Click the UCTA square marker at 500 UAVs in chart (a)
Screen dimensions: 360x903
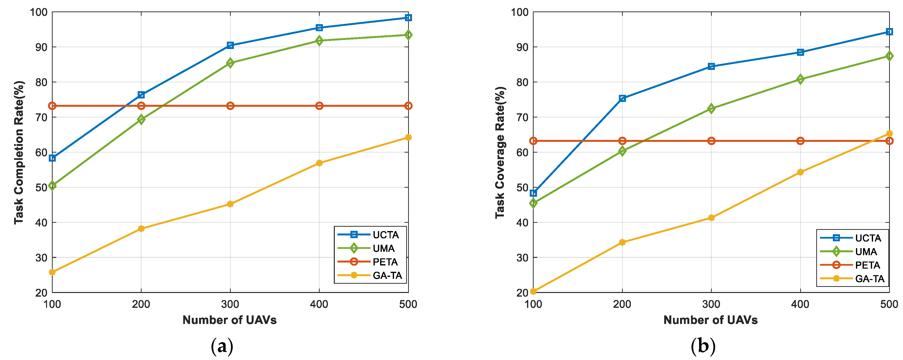click(408, 18)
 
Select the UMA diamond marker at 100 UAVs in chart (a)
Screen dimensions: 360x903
click(52, 185)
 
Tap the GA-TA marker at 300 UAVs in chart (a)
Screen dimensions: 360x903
click(230, 204)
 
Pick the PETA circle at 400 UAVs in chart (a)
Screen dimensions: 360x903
click(319, 106)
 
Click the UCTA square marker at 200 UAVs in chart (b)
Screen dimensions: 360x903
click(622, 98)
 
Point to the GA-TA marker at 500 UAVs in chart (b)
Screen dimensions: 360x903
click(889, 134)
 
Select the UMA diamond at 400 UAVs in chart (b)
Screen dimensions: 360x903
click(800, 79)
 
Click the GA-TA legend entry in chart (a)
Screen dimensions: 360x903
click(370, 275)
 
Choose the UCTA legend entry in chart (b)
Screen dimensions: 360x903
click(852, 238)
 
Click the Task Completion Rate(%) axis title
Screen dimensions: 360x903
click(19, 153)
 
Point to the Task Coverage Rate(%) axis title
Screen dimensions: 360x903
click(500, 153)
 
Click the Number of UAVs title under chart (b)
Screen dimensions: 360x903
click(711, 320)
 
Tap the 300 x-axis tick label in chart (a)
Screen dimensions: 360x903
click(230, 304)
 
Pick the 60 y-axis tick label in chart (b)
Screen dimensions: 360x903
click(522, 153)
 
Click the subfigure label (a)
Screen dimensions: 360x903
click(222, 347)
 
